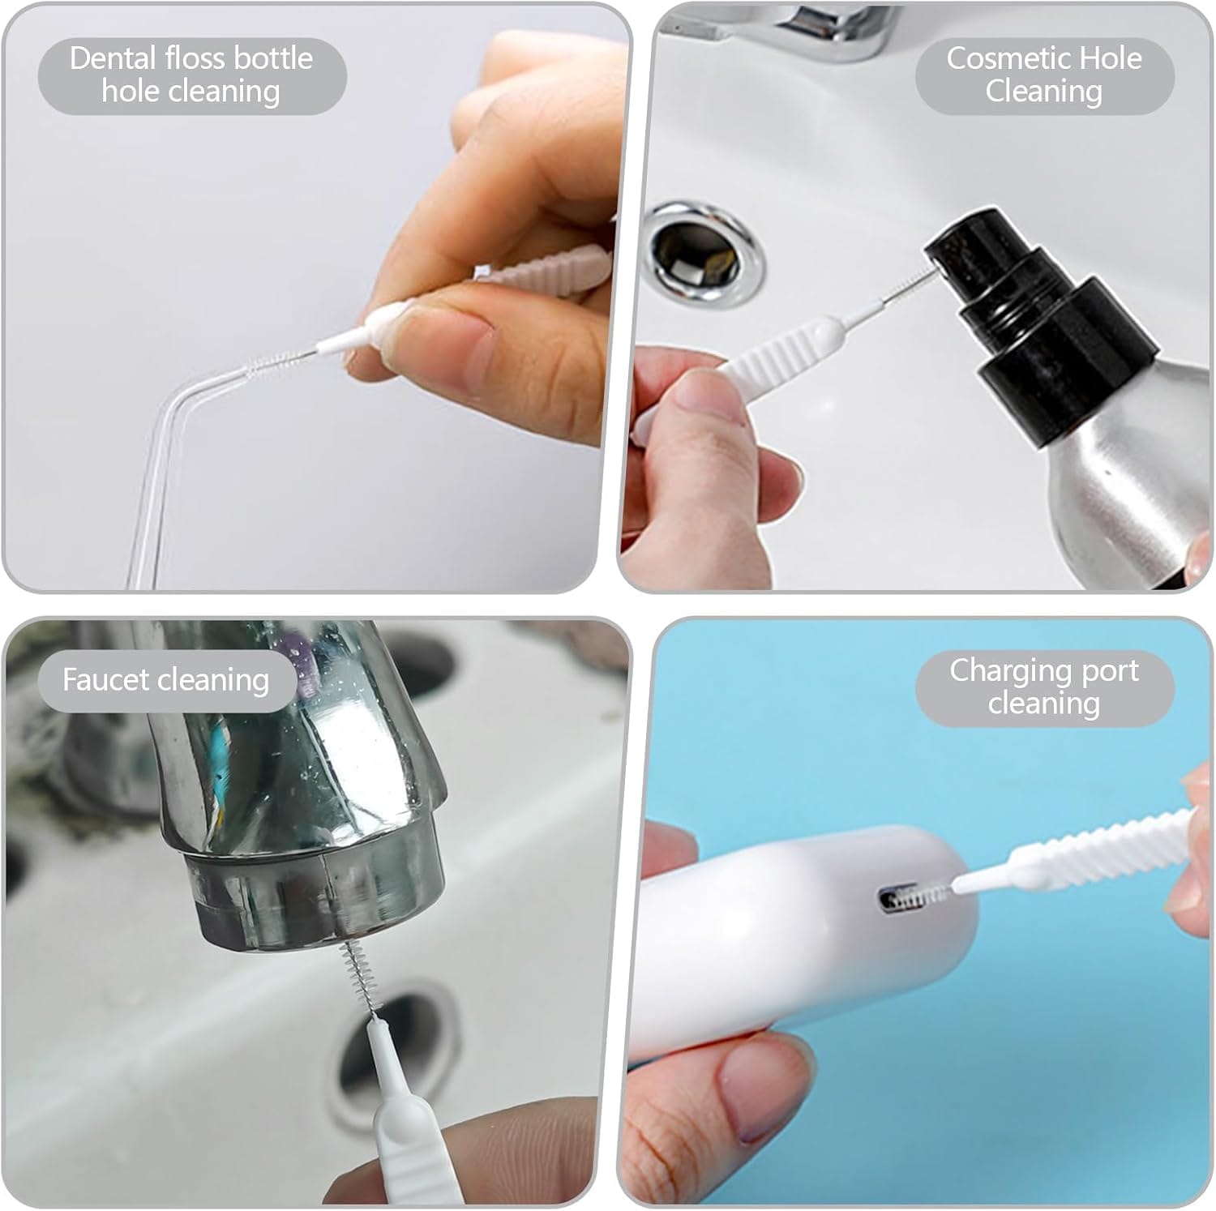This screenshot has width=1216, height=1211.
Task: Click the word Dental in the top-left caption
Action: [113, 58]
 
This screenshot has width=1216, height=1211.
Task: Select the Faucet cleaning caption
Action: [165, 679]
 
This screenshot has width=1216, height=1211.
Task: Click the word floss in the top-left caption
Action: [198, 58]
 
